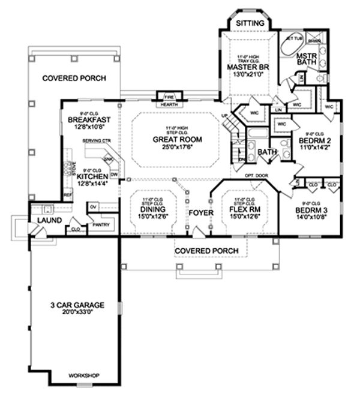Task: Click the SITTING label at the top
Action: [250, 23]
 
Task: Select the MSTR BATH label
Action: [308, 61]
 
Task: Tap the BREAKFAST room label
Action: [88, 119]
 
